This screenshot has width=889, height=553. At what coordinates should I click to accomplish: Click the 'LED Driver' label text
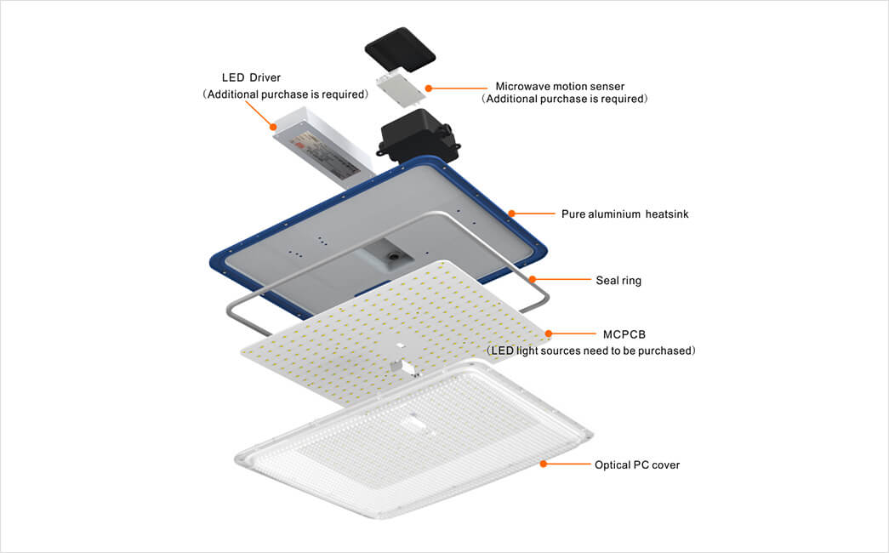(251, 77)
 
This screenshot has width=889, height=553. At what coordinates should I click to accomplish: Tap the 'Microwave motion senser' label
(560, 86)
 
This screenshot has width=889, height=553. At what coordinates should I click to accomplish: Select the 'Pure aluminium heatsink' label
(624, 214)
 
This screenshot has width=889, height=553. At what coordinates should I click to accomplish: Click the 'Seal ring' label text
(618, 280)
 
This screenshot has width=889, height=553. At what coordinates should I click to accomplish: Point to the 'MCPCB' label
(624, 334)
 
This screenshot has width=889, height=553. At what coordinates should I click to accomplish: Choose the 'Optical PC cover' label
(636, 465)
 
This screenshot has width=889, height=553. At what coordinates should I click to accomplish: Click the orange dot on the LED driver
(274, 127)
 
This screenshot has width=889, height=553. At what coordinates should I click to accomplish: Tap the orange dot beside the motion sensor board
(429, 88)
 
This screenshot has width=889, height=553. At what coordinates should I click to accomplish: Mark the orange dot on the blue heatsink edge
(511, 214)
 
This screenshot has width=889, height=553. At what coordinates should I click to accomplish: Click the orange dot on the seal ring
(533, 279)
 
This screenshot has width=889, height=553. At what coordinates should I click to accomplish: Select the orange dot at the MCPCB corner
(548, 334)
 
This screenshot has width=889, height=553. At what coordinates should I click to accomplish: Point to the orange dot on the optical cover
(543, 464)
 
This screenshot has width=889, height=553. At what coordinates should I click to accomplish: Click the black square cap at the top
(400, 50)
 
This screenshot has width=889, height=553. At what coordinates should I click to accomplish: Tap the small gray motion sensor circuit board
(401, 88)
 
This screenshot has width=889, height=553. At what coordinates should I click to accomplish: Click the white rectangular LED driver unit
(324, 149)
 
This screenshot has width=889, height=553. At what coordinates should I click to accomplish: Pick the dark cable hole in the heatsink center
(392, 256)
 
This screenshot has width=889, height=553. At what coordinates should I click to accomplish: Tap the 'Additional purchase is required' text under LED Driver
(287, 94)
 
